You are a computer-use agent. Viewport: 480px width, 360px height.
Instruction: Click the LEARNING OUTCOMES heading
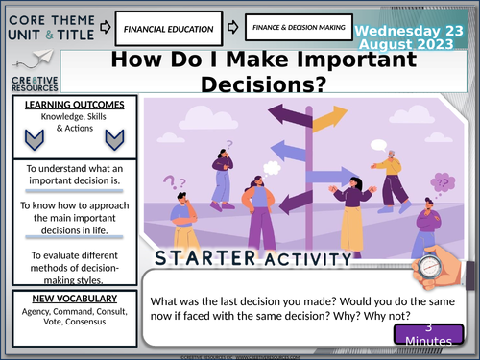pos(66,104)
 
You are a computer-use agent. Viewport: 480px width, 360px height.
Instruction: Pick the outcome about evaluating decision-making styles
pos(67,240)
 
